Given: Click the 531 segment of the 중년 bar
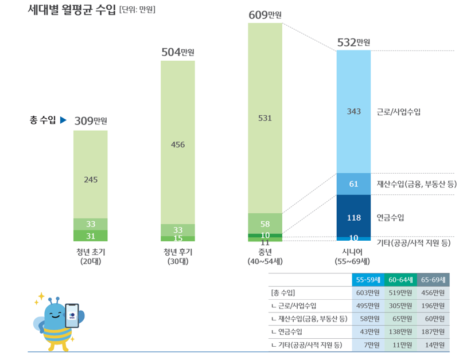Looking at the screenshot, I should [x=265, y=118].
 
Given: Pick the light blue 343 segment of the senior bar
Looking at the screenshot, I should [x=353, y=111].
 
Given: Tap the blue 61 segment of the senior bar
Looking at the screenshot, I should [x=353, y=184].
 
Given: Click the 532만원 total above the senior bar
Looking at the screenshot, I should [x=353, y=42].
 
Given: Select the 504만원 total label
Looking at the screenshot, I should [x=177, y=53].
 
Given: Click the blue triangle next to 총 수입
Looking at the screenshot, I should [x=64, y=120].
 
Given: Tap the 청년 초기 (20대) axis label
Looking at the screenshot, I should [x=91, y=256].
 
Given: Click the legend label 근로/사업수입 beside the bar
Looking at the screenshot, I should [x=399, y=112].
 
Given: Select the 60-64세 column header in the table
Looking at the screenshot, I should [x=400, y=280].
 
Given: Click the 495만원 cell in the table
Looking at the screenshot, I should [x=368, y=306].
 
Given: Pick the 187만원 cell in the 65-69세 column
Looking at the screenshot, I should [x=433, y=332].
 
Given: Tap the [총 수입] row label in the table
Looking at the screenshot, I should [x=282, y=292].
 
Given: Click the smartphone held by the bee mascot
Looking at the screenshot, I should [x=72, y=315].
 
